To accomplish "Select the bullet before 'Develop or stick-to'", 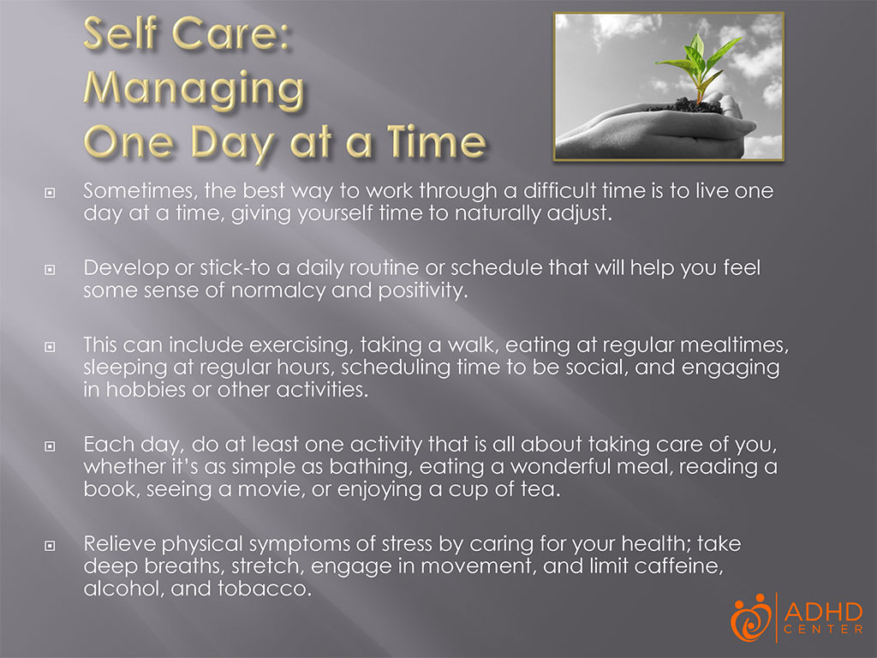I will pyautogui.click(x=50, y=271).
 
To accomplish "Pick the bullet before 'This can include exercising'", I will pyautogui.click(x=50, y=347).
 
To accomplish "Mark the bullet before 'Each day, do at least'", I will pyautogui.click(x=50, y=446).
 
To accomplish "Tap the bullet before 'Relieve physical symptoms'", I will pyautogui.click(x=50, y=547).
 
